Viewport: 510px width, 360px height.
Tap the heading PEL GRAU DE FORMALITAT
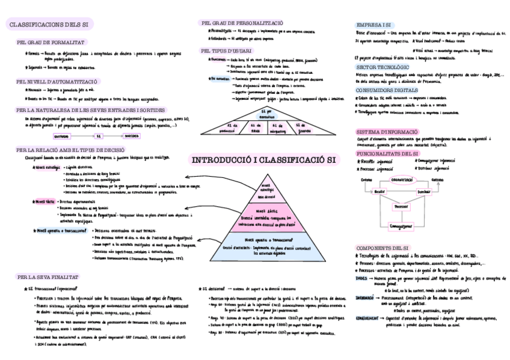pos(50,43)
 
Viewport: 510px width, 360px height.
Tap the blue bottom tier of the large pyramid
pos(265,245)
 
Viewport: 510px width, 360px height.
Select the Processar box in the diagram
pos(401,206)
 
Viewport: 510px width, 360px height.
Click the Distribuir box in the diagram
pos(423,192)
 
